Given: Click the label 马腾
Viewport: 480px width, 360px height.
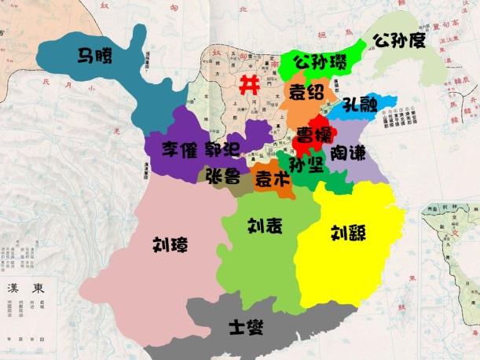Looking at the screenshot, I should [93, 56].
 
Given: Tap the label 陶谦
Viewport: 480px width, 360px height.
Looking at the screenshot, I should [347, 151].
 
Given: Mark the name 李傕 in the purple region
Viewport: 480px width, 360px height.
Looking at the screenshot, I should [180, 149].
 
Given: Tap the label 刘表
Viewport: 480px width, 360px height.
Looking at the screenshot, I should [265, 226].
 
